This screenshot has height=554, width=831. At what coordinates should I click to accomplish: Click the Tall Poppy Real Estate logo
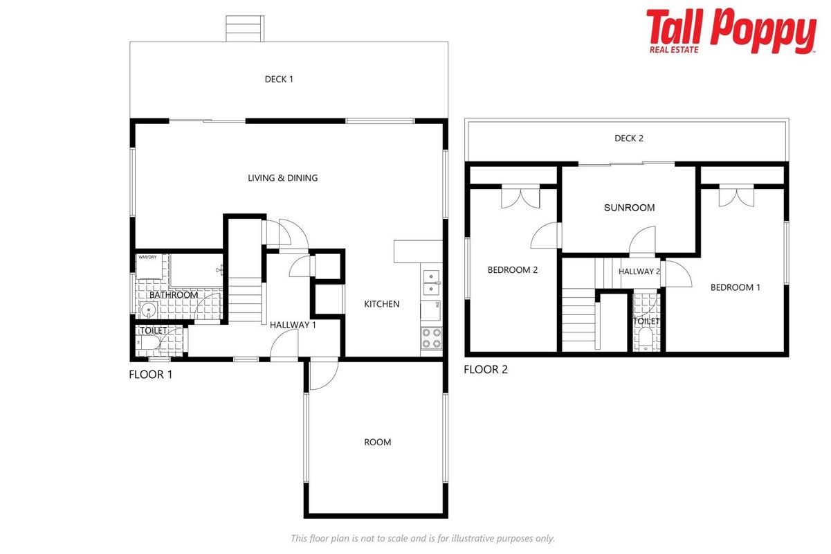[x=731, y=31]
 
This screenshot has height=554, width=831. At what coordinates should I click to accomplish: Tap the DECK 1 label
[x=279, y=79]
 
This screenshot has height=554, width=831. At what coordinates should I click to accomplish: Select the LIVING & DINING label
[x=283, y=178]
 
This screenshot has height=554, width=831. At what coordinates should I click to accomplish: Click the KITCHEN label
[x=382, y=304]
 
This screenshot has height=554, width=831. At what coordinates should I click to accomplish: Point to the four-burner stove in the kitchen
[x=432, y=338]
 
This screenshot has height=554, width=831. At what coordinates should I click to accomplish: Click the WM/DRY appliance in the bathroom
[x=149, y=266]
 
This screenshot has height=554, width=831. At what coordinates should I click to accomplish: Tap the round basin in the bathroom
[x=149, y=310]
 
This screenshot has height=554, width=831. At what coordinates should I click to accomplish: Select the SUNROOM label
[x=629, y=208]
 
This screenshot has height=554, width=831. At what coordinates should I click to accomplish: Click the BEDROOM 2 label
[x=512, y=270]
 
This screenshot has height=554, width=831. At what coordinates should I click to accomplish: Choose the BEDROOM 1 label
[x=736, y=287]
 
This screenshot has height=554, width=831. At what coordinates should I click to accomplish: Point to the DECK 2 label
[x=629, y=138]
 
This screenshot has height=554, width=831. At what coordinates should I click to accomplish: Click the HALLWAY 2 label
[x=639, y=271]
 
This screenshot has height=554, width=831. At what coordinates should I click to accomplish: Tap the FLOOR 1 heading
[x=151, y=374]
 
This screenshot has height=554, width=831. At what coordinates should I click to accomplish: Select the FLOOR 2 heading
[x=486, y=370]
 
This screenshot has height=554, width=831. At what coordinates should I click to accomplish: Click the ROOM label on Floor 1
[x=377, y=443]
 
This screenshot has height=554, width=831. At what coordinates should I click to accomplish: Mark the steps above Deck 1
[x=245, y=28]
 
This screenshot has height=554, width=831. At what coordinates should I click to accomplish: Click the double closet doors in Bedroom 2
[x=520, y=197]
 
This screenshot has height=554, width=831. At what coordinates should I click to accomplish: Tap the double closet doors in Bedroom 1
[x=736, y=196]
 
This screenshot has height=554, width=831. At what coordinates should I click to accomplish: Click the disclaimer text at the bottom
[x=423, y=538]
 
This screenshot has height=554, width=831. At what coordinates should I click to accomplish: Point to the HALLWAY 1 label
[x=293, y=325]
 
